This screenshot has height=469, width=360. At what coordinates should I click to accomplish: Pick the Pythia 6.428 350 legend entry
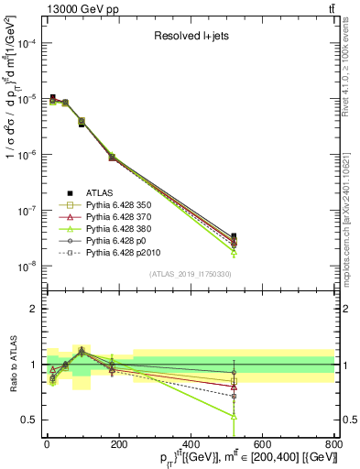click(116, 206)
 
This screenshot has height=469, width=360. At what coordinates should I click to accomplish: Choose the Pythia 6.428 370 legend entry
click(116, 220)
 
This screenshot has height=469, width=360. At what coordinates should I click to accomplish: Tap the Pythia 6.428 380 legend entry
click(116, 234)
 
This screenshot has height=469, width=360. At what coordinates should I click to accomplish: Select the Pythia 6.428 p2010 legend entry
click(119, 261)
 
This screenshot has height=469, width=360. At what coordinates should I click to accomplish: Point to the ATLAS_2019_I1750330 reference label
click(191, 274)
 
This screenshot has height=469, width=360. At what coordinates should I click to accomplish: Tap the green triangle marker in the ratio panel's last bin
click(234, 416)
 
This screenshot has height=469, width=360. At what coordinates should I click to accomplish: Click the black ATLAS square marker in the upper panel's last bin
click(234, 236)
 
